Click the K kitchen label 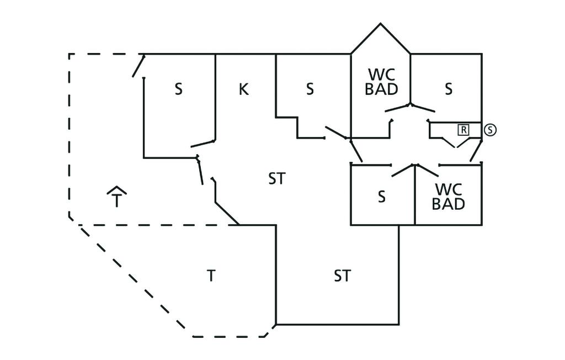pos(243,89)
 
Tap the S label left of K pos(178,89)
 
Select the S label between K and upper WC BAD pos(310,89)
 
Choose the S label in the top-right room pos(449,89)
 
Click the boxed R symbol pos(463,130)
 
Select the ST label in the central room pos(277,179)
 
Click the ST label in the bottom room pos(342,276)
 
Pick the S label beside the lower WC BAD pos(381,197)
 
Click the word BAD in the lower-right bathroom pos(448,204)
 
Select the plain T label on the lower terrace pos(210,276)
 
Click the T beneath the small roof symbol pos(116,201)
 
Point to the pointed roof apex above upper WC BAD pos(380,24)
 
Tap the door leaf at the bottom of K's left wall pos(202,144)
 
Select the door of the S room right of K pos(335,133)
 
